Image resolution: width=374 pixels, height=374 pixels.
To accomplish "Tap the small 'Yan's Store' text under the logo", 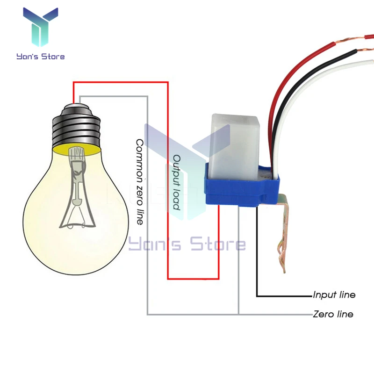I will click(41, 57).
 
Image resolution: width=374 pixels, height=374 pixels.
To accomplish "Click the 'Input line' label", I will click(334, 295).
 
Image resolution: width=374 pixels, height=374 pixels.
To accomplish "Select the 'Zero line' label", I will click(333, 314).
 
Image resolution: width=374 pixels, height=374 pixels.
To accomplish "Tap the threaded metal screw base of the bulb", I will click(76, 125).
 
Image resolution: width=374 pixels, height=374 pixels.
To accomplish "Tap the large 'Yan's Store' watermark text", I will click(187, 245).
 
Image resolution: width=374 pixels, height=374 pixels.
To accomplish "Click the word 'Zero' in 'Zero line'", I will click(322, 314).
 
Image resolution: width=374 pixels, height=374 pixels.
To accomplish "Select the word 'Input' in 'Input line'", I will click(324, 295).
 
